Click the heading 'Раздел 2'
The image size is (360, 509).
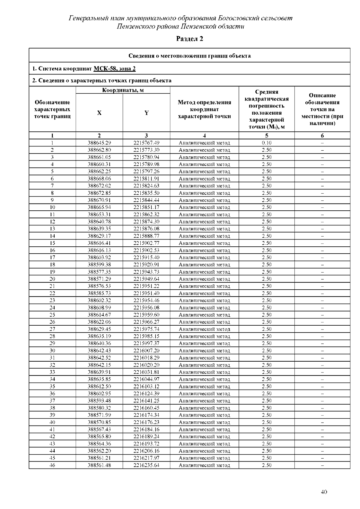pyautogui.click(x=189, y=39)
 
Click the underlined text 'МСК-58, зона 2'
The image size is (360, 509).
pyautogui.click(x=115, y=69)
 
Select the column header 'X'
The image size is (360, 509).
pyautogui.click(x=99, y=113)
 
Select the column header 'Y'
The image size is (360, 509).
pyautogui.click(x=146, y=113)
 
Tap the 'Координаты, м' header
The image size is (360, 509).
pyautogui.click(x=123, y=90)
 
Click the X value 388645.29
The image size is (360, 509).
pyautogui.click(x=99, y=143)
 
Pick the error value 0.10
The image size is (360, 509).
pyautogui.click(x=266, y=143)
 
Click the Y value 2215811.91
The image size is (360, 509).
pyautogui.click(x=146, y=179)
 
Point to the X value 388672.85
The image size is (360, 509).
pyautogui.click(x=99, y=193)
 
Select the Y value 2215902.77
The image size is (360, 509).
pyautogui.click(x=146, y=243)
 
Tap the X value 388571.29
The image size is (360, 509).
pyautogui.click(x=99, y=279)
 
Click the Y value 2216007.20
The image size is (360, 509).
pyautogui.click(x=146, y=351)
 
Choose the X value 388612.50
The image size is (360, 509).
pyautogui.click(x=99, y=387)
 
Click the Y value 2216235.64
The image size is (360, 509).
pyautogui.click(x=146, y=465)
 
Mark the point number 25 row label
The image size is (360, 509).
pyautogui.click(x=52, y=315)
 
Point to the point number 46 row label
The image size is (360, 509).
pyautogui.click(x=52, y=465)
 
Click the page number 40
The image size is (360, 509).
pyautogui.click(x=324, y=492)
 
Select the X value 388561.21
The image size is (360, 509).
pyautogui.click(x=99, y=458)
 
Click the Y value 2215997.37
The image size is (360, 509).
pyautogui.click(x=146, y=343)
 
